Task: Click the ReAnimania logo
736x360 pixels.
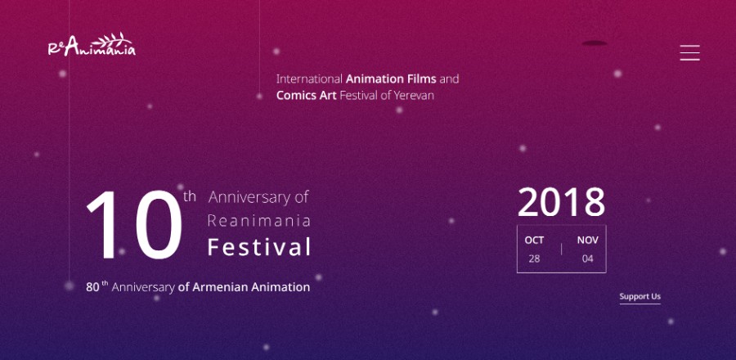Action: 92,45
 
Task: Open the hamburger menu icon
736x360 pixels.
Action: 689,52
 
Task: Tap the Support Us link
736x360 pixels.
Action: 640,296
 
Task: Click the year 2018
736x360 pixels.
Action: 561,202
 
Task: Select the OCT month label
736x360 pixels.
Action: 534,241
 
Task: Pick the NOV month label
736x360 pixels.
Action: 588,241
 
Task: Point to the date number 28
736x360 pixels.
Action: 534,259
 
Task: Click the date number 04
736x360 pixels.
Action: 588,259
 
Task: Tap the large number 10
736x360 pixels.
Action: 134,225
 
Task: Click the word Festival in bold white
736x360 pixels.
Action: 259,247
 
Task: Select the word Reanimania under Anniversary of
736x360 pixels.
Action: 259,221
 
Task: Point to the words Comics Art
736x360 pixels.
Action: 307,95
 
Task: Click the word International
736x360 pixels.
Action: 309,79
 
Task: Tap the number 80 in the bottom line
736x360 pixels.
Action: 92,287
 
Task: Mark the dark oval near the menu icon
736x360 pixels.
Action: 595,43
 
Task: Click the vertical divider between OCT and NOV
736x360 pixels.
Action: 561,250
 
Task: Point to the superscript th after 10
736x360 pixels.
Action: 190,196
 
